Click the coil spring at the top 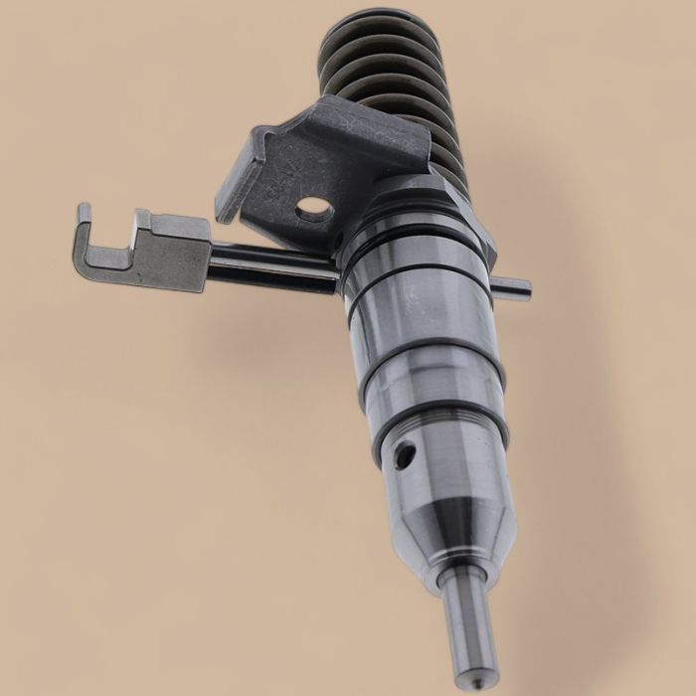click(398, 80)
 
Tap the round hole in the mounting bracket click(314, 206)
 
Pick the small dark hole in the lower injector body click(402, 456)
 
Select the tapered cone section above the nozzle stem click(452, 537)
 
